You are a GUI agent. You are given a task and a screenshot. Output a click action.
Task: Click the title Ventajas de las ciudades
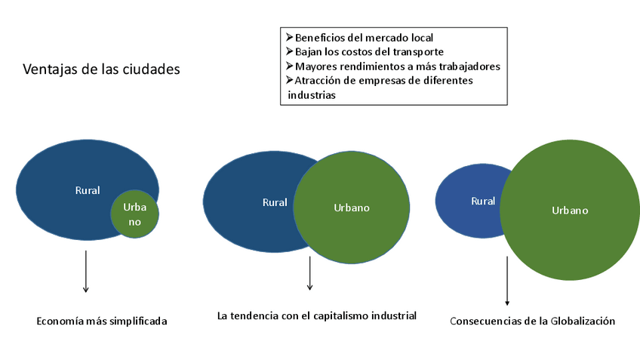[101, 69]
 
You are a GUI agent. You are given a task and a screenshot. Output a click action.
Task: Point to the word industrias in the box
[312, 95]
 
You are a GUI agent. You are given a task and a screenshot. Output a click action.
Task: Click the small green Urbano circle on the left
[135, 214]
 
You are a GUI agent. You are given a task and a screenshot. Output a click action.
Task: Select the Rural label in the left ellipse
[88, 190]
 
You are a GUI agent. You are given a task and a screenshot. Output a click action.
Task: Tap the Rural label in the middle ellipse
[275, 202]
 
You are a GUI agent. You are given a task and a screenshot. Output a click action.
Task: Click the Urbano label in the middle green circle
[352, 208]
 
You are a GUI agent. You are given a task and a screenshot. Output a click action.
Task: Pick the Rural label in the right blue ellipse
[483, 202]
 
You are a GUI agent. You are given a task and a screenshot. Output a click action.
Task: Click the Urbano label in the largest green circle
[570, 211]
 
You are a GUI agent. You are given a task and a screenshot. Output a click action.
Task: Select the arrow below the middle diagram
[309, 272]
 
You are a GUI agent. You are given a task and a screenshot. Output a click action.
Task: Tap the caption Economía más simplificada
[102, 321]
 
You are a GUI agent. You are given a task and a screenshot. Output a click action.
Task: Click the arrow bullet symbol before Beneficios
[289, 37]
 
